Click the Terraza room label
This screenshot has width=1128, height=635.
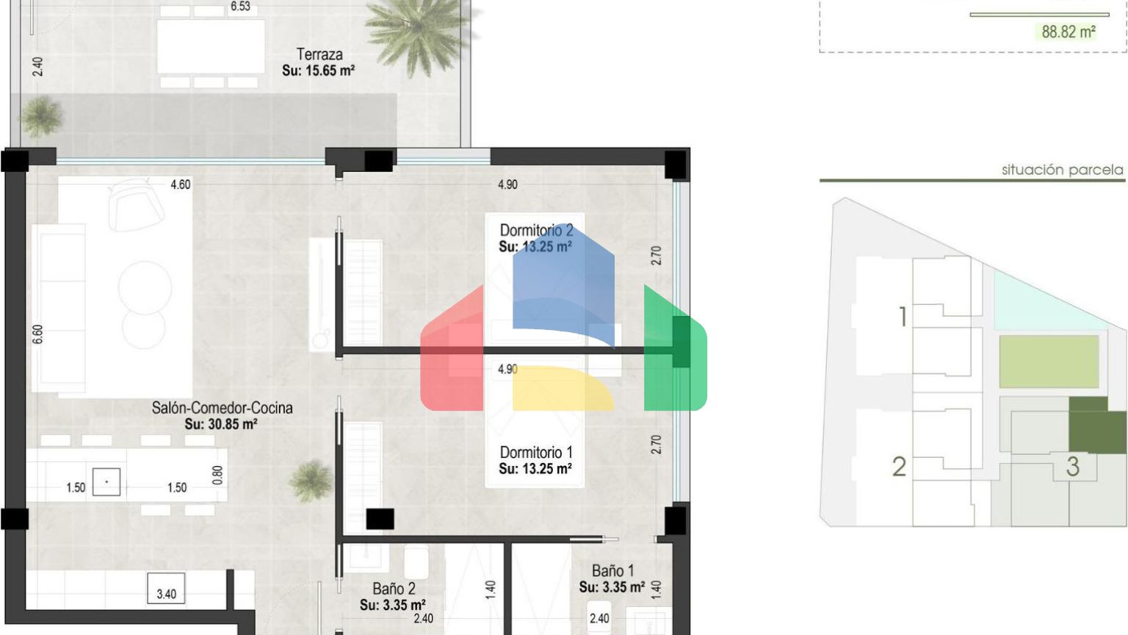click(x=319, y=54)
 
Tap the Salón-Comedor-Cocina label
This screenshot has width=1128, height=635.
click(x=222, y=408)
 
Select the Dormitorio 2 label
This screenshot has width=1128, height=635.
click(x=536, y=230)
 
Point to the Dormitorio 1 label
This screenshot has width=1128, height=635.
click(x=536, y=452)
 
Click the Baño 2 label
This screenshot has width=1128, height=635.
click(x=394, y=588)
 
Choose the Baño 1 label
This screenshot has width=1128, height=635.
click(x=613, y=570)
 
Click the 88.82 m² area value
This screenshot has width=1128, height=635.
click(x=1069, y=32)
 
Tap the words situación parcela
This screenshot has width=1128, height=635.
click(x=1063, y=170)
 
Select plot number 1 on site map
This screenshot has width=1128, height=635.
click(x=903, y=317)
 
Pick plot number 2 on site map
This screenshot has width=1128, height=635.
click(x=900, y=467)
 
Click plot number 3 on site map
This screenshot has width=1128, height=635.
click(x=1073, y=467)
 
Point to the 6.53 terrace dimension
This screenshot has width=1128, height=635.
click(x=240, y=7)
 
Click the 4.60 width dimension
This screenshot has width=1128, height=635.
click(x=181, y=184)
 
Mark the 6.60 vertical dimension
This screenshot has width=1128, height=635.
click(x=37, y=334)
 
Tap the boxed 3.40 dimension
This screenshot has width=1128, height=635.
click(x=166, y=589)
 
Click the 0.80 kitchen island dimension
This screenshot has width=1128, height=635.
click(x=217, y=476)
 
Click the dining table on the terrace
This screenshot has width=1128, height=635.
click(x=211, y=46)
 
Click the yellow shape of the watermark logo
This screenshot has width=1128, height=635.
click(x=563, y=389)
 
